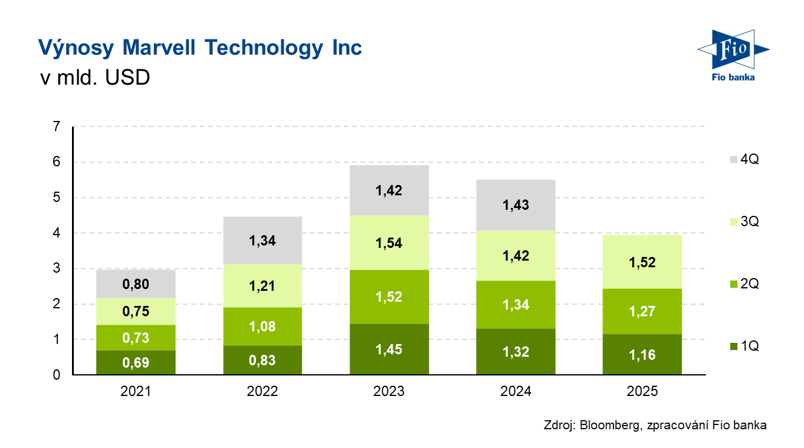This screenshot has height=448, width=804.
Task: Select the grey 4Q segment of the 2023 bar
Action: click(x=389, y=190)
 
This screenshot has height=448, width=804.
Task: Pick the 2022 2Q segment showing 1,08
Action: click(x=262, y=326)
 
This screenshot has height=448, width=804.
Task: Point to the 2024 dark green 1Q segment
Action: click(x=515, y=352)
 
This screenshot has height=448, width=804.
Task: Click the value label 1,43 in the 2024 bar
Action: click(x=515, y=206)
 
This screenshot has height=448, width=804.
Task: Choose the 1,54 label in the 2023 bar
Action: click(x=389, y=244)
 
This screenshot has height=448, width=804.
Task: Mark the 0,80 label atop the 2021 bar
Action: click(x=136, y=284)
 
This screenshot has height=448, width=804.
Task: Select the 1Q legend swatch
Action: click(x=733, y=346)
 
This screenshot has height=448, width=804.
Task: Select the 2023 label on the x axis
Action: click(x=389, y=392)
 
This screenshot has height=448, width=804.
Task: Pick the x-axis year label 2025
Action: click(x=642, y=392)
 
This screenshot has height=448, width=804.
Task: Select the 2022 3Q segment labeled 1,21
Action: click(x=262, y=286)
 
